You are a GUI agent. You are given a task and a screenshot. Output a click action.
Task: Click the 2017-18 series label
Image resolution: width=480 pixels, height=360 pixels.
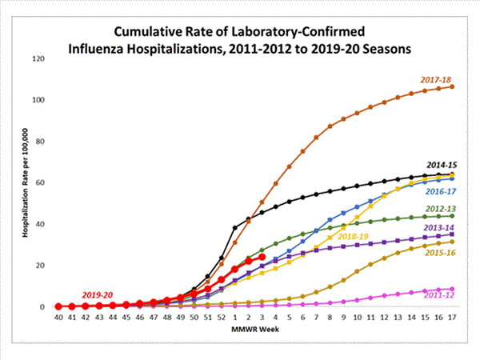435,79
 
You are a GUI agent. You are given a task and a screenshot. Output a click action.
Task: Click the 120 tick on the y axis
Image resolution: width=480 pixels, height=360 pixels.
37,58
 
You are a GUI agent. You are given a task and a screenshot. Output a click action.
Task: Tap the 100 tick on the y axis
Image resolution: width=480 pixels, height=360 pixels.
37,100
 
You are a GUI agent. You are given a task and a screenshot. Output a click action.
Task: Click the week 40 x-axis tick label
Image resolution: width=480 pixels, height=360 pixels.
58,318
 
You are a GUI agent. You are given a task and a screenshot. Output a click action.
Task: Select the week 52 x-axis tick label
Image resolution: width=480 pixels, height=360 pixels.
222,318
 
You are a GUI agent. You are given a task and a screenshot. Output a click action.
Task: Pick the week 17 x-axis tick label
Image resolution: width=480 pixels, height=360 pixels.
453,318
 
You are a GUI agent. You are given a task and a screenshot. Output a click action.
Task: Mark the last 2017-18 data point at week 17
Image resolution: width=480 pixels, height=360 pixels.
453,86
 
